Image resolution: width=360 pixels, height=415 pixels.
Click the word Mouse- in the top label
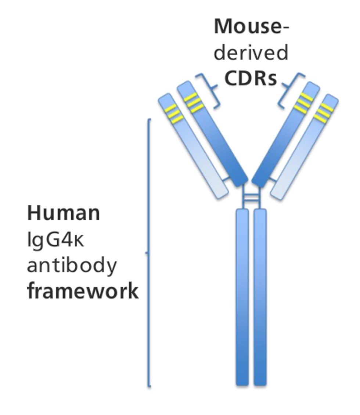point(251,27)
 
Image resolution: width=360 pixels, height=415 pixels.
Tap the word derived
point(251,53)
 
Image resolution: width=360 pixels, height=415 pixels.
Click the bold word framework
point(83,292)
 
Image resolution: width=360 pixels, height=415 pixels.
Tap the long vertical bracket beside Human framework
point(149,253)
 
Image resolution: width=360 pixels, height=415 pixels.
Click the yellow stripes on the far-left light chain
point(173,113)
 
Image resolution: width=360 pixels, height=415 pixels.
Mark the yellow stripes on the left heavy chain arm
point(193,102)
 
